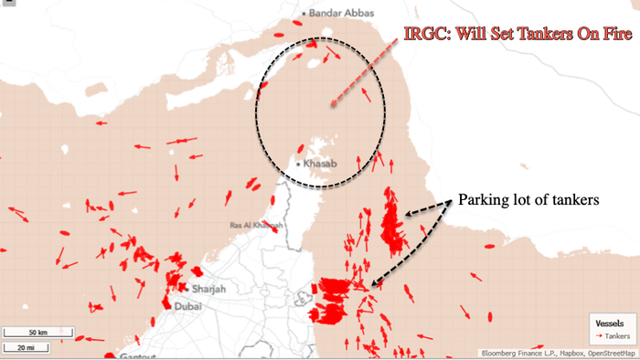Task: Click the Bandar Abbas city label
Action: tap(338, 13)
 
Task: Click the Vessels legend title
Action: tap(611, 323)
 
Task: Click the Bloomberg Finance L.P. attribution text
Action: tap(515, 353)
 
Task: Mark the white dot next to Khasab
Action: tap(298, 164)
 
